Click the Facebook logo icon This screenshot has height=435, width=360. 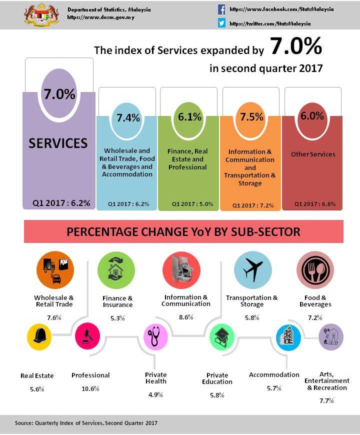tap(221, 9)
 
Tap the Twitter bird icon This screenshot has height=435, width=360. tap(221, 23)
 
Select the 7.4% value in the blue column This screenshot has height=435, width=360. tap(128, 118)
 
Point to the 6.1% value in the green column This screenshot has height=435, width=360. tap(190, 117)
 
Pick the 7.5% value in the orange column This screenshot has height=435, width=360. tap(251, 117)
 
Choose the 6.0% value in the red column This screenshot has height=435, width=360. tap(312, 115)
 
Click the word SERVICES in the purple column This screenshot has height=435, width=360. tap(58, 143)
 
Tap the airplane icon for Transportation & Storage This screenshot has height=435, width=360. tap(253, 270)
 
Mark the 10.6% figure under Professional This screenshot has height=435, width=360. tap(90, 388)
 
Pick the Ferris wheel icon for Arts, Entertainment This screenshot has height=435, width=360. tap(330, 336)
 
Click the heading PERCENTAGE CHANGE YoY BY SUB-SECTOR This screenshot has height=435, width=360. tap(183, 232)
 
